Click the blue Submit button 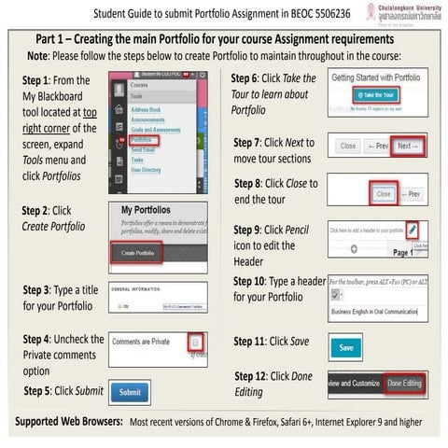pyautogui.click(x=131, y=392)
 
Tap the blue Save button pyautogui.click(x=346, y=347)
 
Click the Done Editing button pyautogui.click(x=405, y=383)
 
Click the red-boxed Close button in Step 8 pyautogui.click(x=384, y=193)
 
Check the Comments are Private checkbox pyautogui.click(x=195, y=343)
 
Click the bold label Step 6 pyautogui.click(x=248, y=77)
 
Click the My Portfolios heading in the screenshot pyautogui.click(x=146, y=211)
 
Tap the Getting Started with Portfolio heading pyautogui.click(x=379, y=77)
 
